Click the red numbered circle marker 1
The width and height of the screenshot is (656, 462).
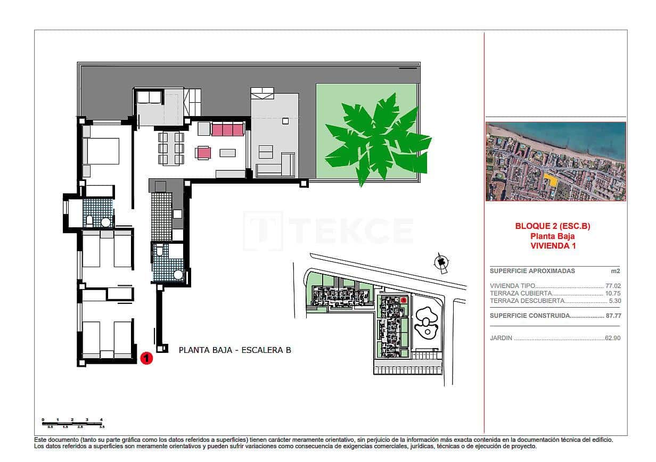click(x=146, y=358)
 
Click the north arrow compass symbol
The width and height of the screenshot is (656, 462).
click(x=440, y=262)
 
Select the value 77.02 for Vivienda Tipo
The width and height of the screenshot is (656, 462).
click(x=613, y=286)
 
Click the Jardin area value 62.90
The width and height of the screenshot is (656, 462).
click(x=613, y=338)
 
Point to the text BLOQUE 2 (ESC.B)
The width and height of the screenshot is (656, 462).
click(x=553, y=226)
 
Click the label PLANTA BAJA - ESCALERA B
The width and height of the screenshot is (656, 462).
click(x=235, y=350)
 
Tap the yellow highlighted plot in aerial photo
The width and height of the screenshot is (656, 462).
click(x=552, y=180)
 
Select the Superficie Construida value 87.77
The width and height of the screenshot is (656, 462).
click(x=613, y=316)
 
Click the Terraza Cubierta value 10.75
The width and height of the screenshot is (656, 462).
click(x=613, y=293)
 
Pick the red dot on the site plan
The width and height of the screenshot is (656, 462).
click(x=404, y=300)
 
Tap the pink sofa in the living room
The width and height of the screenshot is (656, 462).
click(x=228, y=129)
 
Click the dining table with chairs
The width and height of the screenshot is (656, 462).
click(x=171, y=148)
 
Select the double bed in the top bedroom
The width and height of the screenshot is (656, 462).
click(x=104, y=151)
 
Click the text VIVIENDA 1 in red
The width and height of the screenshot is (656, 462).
click(x=553, y=246)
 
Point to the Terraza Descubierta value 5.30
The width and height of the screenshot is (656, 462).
click(x=615, y=301)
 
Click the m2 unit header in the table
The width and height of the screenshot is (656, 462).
click(x=616, y=271)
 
